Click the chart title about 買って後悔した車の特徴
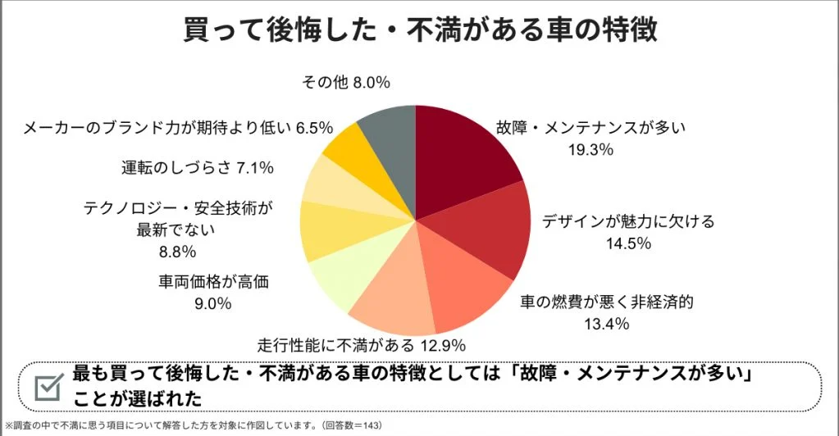pos(419,30)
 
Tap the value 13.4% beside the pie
pos(606,323)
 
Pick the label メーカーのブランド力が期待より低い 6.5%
pos(177,127)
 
